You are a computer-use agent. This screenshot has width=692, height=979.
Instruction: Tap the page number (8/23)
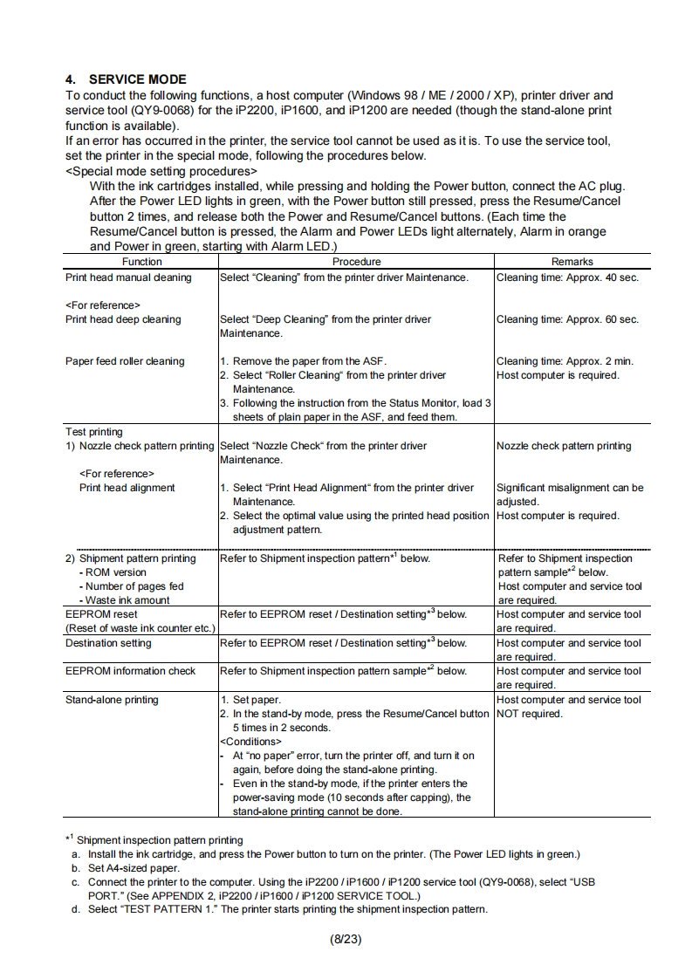pyautogui.click(x=346, y=939)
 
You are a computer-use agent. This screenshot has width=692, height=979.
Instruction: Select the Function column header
pyautogui.click(x=141, y=262)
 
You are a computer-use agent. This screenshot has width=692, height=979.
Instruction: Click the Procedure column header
pyautogui.click(x=356, y=262)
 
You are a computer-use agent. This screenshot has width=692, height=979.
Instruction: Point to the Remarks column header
pyautogui.click(x=572, y=262)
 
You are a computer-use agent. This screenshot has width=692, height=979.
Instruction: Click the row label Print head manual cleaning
pyautogui.click(x=128, y=277)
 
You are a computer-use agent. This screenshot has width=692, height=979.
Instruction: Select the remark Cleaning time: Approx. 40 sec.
pyautogui.click(x=567, y=277)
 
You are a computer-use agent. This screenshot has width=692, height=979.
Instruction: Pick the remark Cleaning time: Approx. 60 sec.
pyautogui.click(x=567, y=319)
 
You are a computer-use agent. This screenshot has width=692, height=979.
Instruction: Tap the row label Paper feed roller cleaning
pyautogui.click(x=125, y=361)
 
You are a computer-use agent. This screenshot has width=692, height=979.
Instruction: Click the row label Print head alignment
pyautogui.click(x=127, y=488)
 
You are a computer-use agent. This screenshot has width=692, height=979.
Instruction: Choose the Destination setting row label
pyautogui.click(x=108, y=643)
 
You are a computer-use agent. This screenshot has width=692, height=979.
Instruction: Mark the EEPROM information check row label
pyautogui.click(x=131, y=671)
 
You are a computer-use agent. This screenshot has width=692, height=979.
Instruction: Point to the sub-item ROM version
pyautogui.click(x=115, y=572)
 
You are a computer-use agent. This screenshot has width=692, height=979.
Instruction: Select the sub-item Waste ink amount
pyautogui.click(x=127, y=600)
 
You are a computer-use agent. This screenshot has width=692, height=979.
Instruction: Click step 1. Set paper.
pyautogui.click(x=250, y=700)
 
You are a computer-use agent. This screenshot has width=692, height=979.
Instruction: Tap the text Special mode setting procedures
pyautogui.click(x=161, y=171)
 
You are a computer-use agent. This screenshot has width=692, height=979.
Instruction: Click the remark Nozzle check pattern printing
pyautogui.click(x=564, y=446)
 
